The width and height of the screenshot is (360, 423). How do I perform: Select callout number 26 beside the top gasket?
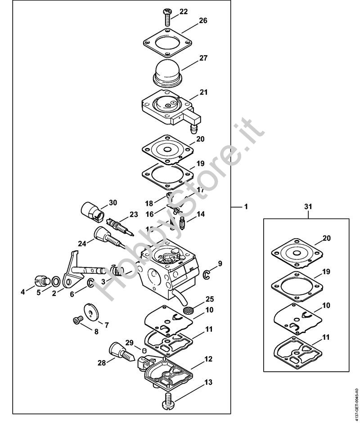(203, 21)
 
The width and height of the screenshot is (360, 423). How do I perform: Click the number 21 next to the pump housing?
(203, 92)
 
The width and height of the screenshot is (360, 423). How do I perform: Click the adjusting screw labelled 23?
(120, 225)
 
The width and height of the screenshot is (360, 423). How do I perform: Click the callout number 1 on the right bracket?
(246, 207)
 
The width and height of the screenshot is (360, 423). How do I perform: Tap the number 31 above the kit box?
(308, 207)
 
